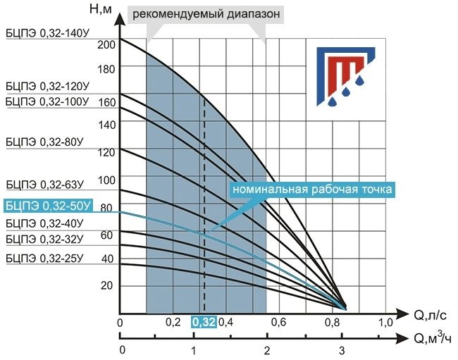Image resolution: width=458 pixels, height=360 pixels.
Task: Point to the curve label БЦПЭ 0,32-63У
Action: pos(43,185)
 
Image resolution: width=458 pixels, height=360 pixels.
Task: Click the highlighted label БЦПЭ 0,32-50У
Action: pos(48,206)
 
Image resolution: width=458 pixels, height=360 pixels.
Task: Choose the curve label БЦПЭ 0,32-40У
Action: pos(43,224)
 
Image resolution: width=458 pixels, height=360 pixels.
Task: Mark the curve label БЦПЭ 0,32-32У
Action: pos(43,240)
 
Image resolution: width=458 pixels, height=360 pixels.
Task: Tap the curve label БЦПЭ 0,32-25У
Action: pos(43,258)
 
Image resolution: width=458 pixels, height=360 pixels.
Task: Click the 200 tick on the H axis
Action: pos(106,44)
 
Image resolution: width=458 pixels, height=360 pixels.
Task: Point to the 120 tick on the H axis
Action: pos(106,152)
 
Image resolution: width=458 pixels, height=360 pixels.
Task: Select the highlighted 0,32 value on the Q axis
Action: pos(204,322)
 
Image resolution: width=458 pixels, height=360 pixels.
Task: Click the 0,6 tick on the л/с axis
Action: pos(279,322)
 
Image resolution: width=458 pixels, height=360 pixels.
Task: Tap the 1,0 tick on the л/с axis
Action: pos(387,322)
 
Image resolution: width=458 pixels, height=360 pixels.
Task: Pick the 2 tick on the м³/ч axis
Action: pos(266,350)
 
